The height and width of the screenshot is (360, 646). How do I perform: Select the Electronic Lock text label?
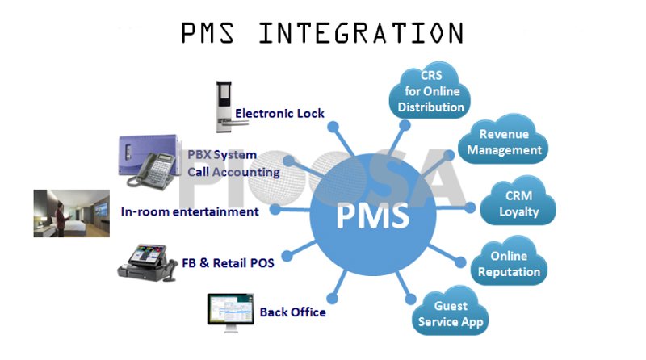point(279,114)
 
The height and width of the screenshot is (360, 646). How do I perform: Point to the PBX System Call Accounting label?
point(233,163)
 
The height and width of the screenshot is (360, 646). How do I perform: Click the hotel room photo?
point(71,214)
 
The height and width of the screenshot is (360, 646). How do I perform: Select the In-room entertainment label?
point(190,212)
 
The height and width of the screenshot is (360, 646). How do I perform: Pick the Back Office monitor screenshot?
point(229,311)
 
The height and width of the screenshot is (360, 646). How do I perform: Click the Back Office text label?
point(292,312)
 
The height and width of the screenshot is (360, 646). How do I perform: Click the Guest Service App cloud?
point(451,314)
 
